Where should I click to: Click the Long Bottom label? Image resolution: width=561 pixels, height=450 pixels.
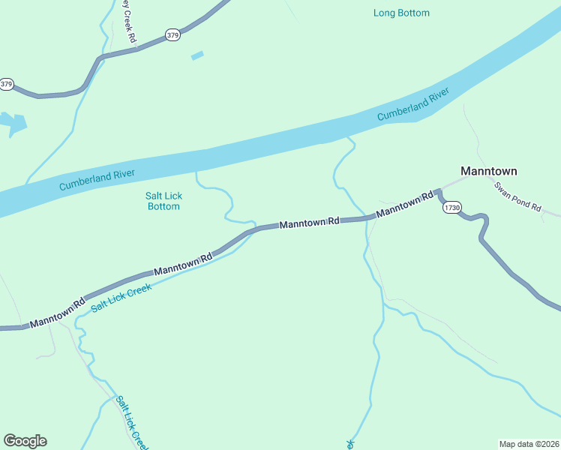(x=401, y=13)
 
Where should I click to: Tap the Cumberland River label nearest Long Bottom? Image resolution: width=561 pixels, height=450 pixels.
(x=412, y=105)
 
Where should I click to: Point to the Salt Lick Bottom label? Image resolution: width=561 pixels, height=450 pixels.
(x=163, y=201)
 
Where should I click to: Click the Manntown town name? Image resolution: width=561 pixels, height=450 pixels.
(x=488, y=171)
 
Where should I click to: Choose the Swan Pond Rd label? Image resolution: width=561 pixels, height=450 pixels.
(x=517, y=197)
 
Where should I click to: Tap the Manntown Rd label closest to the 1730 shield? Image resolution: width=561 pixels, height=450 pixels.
(x=405, y=205)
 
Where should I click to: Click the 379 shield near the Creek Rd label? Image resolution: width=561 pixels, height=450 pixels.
(x=173, y=35)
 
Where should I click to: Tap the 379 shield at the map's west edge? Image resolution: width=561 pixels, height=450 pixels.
(x=7, y=84)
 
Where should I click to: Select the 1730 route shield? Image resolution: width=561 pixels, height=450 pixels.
(x=451, y=207)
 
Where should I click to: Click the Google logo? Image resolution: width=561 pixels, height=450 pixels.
(x=25, y=441)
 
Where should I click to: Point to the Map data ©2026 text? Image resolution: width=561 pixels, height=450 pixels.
(x=529, y=443)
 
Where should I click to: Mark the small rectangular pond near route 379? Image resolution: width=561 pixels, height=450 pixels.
(x=197, y=55)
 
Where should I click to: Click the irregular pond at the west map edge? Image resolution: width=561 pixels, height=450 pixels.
(x=13, y=123)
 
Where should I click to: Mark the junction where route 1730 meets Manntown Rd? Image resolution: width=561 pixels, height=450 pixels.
(x=437, y=193)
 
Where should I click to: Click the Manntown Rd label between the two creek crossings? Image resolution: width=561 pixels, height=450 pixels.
(x=310, y=223)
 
